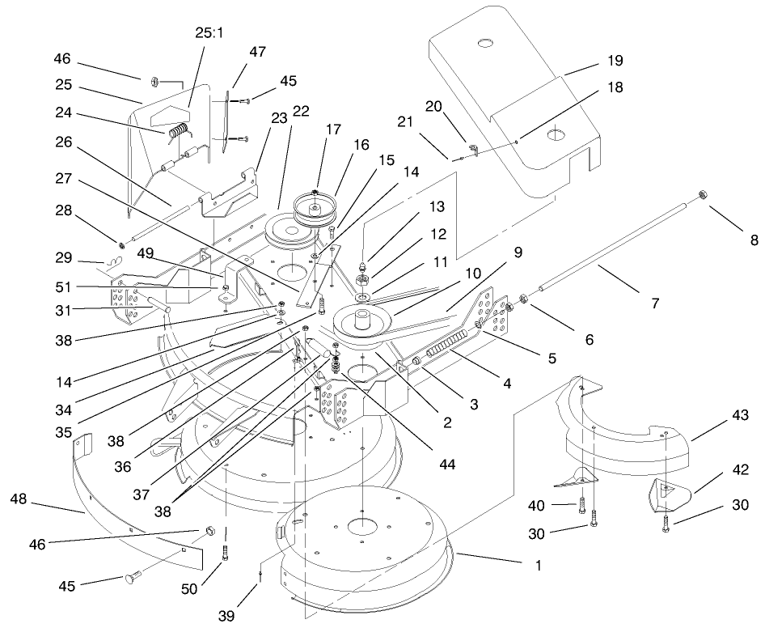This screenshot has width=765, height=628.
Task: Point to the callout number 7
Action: pos(654,303)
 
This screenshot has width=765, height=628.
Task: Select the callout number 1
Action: pos(534,566)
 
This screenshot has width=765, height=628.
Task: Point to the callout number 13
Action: pos(413,206)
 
